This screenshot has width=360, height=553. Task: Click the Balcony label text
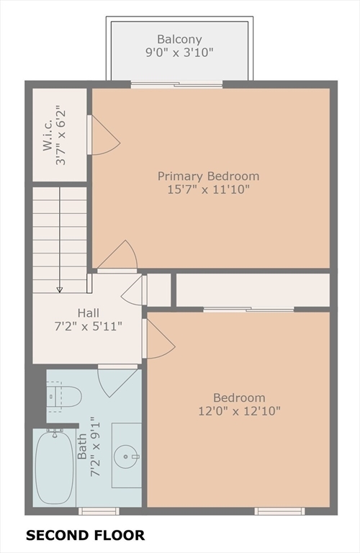(179, 39)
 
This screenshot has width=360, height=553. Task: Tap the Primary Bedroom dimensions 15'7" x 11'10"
(208, 189)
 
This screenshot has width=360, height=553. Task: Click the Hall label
(88, 313)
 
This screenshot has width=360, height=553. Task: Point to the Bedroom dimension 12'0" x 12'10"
(239, 411)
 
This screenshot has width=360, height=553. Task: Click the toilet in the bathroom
(64, 397)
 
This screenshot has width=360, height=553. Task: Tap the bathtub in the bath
(55, 467)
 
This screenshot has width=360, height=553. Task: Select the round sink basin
(126, 457)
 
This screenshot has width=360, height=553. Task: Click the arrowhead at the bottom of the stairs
(60, 289)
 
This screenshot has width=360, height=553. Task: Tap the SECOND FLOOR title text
(86, 535)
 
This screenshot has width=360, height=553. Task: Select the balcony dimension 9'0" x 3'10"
(179, 53)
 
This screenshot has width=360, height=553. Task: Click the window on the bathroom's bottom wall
(99, 511)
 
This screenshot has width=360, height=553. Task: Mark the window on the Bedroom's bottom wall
(279, 511)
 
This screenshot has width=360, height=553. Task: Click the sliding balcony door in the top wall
(176, 84)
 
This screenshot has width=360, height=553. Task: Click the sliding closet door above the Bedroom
(248, 310)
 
